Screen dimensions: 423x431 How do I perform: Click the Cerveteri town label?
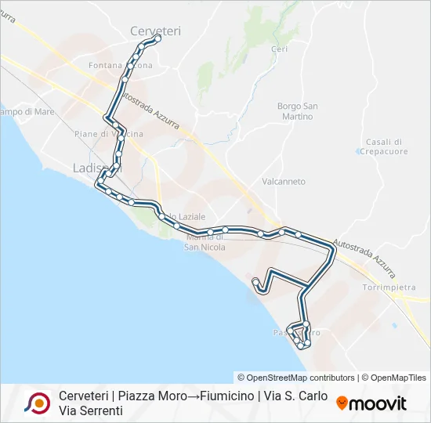(155, 31)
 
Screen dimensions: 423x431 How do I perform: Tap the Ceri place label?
(280, 49)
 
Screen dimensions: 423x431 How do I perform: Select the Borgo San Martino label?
(297, 111)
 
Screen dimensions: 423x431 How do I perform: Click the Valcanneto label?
(284, 181)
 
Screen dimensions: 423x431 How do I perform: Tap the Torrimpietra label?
(389, 287)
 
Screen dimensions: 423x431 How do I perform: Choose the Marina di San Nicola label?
(205, 243)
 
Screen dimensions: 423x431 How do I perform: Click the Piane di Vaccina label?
(108, 134)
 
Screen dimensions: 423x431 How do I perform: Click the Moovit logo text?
(378, 403)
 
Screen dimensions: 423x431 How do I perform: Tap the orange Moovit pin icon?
(342, 403)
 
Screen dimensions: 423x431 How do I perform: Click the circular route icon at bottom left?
(37, 403)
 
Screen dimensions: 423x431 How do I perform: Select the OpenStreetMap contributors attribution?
(296, 378)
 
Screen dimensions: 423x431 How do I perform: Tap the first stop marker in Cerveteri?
(158, 38)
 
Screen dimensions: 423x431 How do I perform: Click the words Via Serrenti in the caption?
(91, 410)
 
